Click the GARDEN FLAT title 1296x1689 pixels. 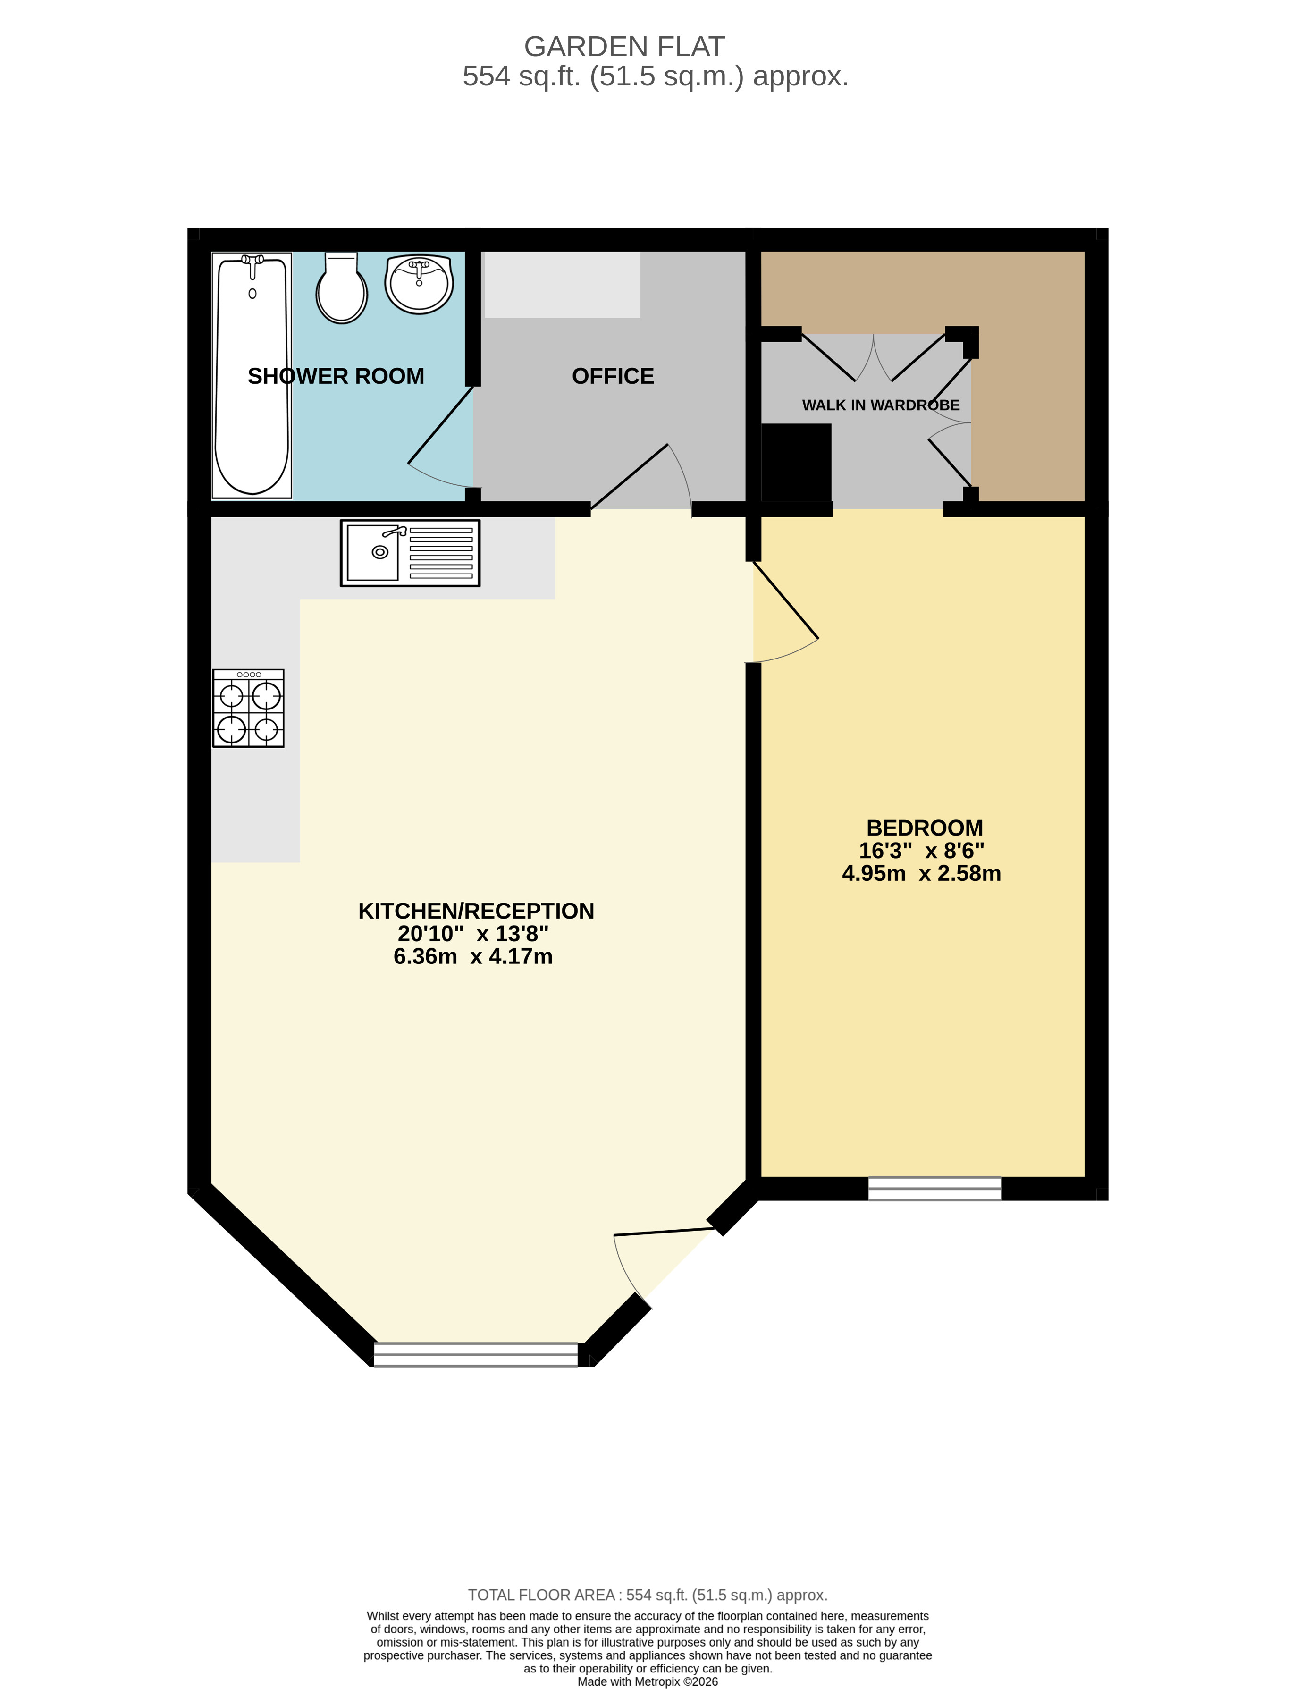[624, 47]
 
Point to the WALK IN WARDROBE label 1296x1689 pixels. [880, 405]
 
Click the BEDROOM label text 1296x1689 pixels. [924, 828]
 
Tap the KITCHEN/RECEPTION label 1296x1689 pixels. [476, 911]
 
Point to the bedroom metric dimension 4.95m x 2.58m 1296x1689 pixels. [921, 873]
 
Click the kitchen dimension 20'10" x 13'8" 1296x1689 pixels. [473, 934]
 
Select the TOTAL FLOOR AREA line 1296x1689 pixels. [647, 1595]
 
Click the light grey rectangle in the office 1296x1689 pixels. [563, 285]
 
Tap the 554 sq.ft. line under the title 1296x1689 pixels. [655, 76]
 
